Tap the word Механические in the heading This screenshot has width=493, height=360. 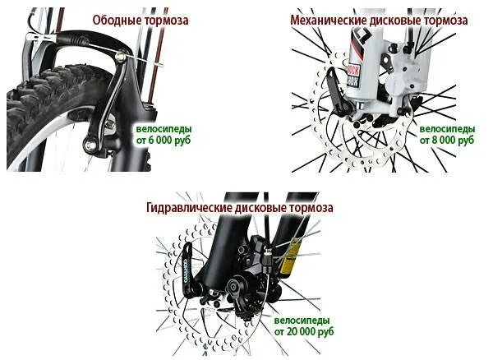click(x=328, y=19)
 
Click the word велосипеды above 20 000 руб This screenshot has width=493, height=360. click(x=302, y=319)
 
